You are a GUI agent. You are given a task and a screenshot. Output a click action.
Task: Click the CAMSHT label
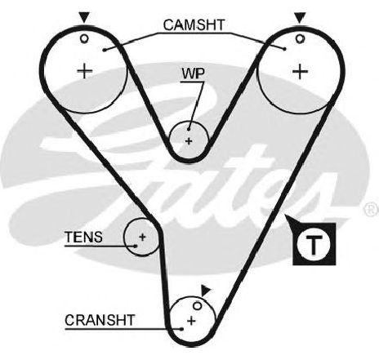click(x=194, y=24)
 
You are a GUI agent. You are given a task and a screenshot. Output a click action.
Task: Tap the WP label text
click(x=193, y=73)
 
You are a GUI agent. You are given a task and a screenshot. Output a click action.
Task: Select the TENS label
click(x=83, y=237)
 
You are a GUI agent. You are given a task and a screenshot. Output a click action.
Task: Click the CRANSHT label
click(x=100, y=320)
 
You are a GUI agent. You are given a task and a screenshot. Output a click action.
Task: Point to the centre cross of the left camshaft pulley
click(x=85, y=71)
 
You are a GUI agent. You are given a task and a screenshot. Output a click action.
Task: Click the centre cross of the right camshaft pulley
click(x=300, y=72)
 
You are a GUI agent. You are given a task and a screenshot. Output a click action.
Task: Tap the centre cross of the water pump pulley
click(x=189, y=141)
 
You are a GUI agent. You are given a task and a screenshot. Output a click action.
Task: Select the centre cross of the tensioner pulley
click(x=142, y=237)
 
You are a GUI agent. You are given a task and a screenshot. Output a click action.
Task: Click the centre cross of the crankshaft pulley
click(x=191, y=321)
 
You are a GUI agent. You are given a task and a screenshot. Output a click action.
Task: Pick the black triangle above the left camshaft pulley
click(x=84, y=16)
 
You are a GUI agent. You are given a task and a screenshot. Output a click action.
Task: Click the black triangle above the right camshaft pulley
click(x=300, y=17)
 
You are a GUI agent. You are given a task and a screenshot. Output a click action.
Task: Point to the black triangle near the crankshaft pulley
click(x=205, y=291)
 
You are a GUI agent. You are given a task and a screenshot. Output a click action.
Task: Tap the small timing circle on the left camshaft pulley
click(x=84, y=39)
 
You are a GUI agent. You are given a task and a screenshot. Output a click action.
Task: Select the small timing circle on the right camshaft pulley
click(x=300, y=38)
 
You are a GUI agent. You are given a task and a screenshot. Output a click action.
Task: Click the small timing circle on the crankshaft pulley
click(x=198, y=305)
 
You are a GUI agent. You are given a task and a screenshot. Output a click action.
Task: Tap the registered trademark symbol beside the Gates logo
click(x=371, y=209)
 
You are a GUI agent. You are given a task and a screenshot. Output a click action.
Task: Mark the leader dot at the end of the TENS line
click(x=136, y=246)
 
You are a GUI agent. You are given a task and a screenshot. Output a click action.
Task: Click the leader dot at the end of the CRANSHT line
click(x=182, y=329)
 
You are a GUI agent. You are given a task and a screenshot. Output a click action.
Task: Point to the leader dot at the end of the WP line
click(x=189, y=129)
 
